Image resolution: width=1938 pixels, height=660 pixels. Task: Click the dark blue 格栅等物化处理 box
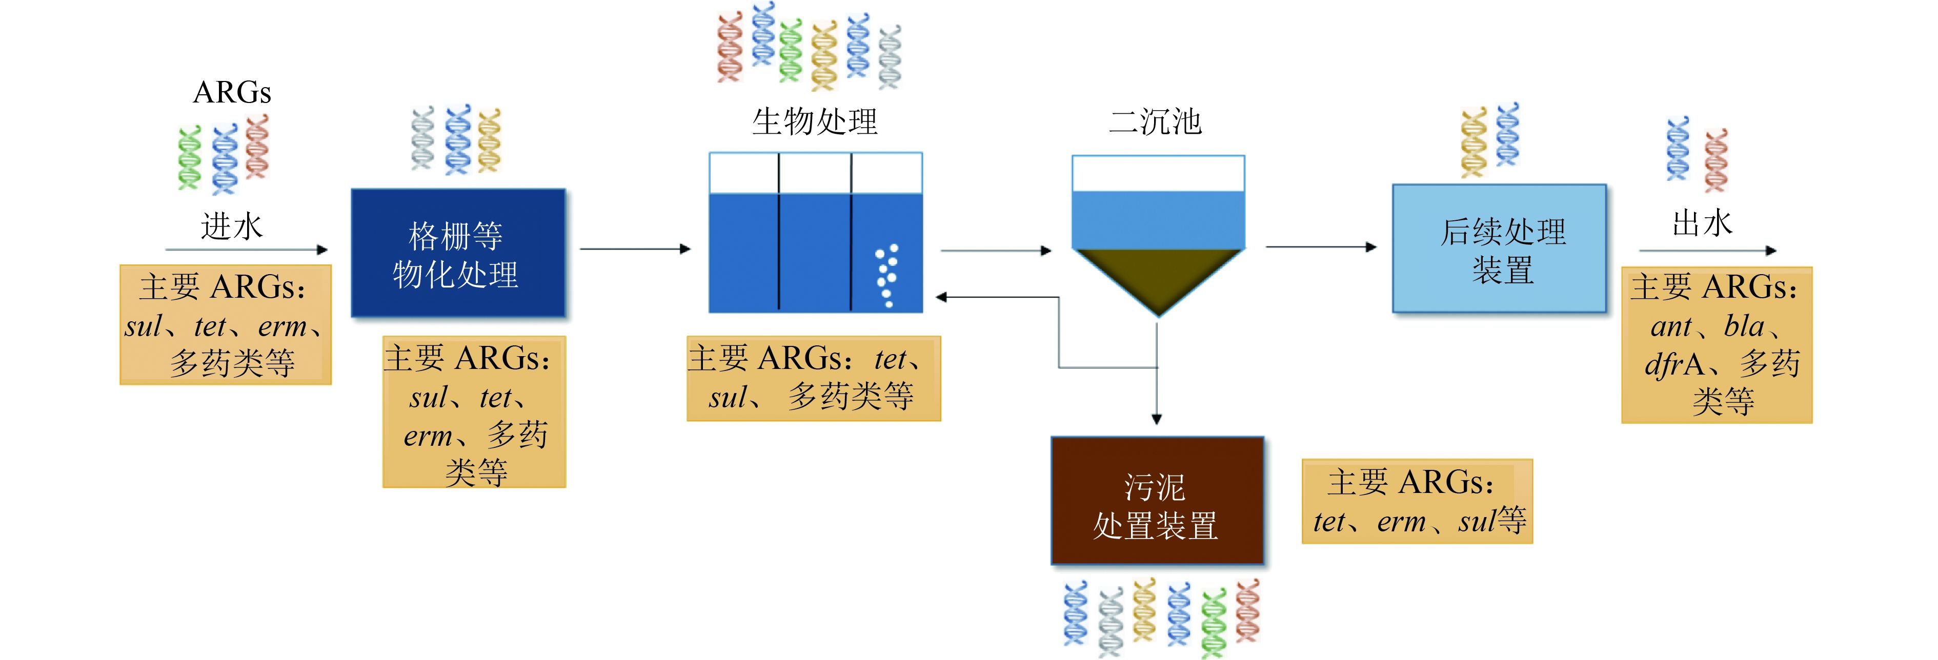pyautogui.click(x=457, y=253)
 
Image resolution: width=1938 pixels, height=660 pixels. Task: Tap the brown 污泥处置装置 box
pyautogui.click(x=1156, y=501)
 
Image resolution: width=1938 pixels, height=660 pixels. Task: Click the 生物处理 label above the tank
pyautogui.click(x=815, y=122)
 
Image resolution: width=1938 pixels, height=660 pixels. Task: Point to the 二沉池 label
pyautogui.click(x=1156, y=122)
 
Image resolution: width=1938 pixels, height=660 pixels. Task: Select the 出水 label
pyautogui.click(x=1702, y=223)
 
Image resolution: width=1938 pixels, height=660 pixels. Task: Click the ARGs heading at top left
pyautogui.click(x=232, y=92)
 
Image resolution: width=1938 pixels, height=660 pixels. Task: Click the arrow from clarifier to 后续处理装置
pyautogui.click(x=1320, y=246)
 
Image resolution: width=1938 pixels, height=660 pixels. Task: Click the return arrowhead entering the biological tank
pyautogui.click(x=941, y=298)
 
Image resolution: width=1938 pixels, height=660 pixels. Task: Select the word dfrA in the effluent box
pyautogui.click(x=1674, y=364)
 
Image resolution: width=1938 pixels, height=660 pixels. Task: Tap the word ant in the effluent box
pyautogui.click(x=1671, y=327)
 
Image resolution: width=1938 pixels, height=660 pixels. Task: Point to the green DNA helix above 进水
pyautogui.click(x=189, y=158)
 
